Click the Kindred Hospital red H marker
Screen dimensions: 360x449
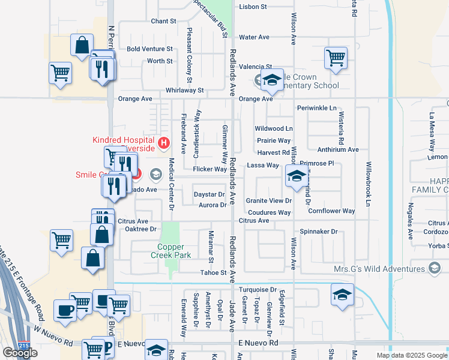(163, 144)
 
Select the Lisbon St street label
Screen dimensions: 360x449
(253, 7)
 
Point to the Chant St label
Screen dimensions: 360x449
(163, 21)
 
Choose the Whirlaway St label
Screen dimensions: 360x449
(185, 90)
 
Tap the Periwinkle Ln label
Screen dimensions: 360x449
(316, 108)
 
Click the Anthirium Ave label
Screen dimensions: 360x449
(338, 149)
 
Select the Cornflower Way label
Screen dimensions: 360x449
(331, 211)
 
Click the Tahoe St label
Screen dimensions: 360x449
(214, 273)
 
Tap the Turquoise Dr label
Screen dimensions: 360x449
(257, 289)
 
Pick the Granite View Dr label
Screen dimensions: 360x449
(268, 201)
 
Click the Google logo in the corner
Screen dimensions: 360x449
(20, 353)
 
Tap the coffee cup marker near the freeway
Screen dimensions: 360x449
(65, 310)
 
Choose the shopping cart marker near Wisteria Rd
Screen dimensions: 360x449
(336, 58)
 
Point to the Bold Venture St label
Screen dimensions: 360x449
(149, 49)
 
